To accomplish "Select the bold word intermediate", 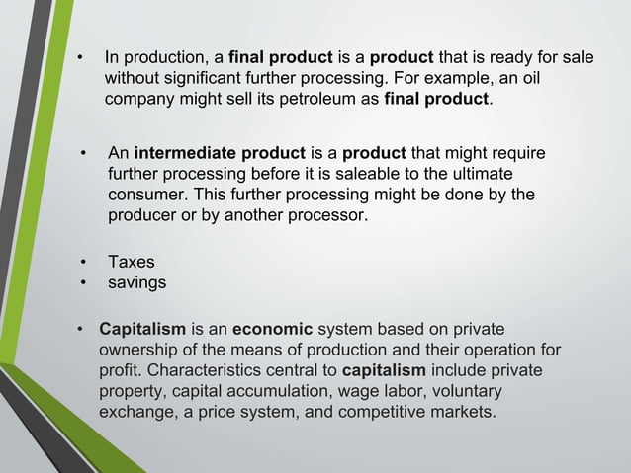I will point(186,155).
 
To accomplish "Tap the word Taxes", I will point(132,263).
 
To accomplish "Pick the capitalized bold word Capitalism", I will point(139,330).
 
